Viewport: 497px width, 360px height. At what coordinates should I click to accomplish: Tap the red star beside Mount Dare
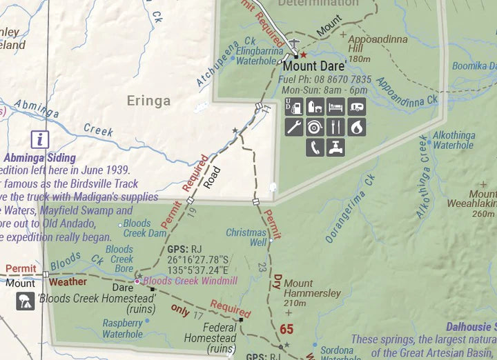click(x=303, y=54)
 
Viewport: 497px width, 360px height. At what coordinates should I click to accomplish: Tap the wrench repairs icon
click(x=294, y=127)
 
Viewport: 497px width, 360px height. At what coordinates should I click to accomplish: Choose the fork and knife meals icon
click(x=335, y=127)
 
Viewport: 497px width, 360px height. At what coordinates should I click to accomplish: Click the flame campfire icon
click(x=356, y=127)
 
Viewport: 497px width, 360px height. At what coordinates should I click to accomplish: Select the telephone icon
click(x=315, y=147)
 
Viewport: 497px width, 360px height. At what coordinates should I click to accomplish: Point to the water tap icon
click(x=335, y=147)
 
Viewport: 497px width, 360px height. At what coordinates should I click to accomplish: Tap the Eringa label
click(x=148, y=101)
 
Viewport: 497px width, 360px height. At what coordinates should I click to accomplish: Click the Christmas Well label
click(x=246, y=237)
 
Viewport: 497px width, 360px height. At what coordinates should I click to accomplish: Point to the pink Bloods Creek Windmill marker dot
click(x=137, y=281)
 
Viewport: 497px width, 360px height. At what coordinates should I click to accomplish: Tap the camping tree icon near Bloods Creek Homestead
click(x=25, y=300)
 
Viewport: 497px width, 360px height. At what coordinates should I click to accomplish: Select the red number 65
click(x=286, y=328)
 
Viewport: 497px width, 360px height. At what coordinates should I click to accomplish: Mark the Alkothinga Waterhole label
click(x=453, y=141)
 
